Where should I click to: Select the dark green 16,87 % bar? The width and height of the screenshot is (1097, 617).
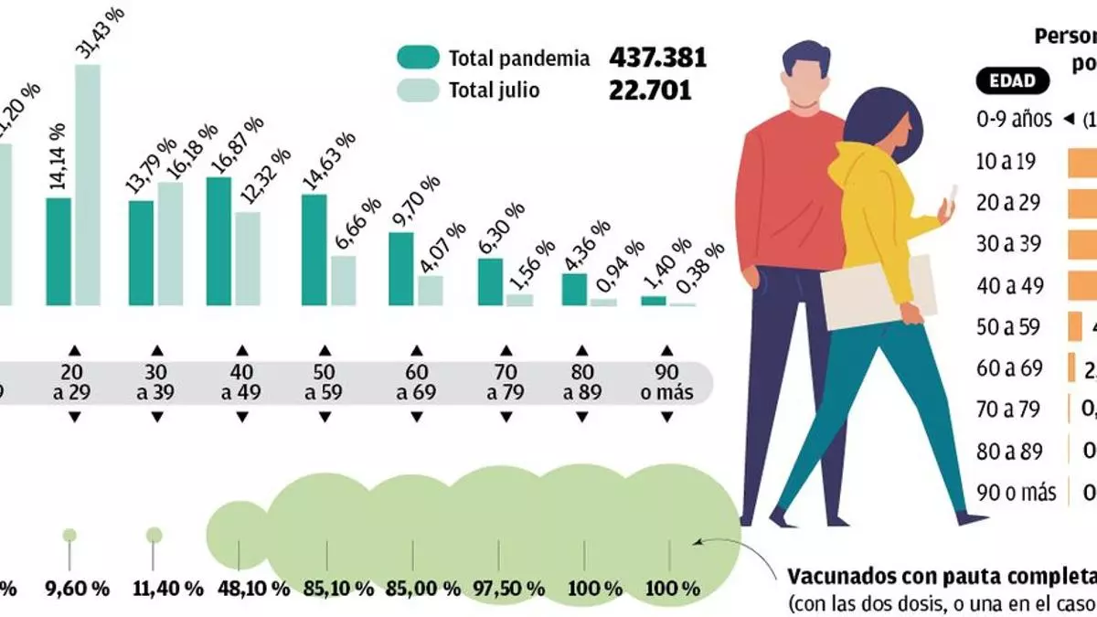point(218,241)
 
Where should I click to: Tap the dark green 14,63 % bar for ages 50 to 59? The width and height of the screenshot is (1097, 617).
point(314,250)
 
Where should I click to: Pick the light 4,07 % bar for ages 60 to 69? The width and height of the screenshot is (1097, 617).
point(431,290)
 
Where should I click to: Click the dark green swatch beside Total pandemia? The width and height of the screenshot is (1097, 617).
point(417,58)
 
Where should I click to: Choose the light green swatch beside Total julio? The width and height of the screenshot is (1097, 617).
point(417,90)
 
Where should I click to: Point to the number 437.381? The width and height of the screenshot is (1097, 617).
point(658,58)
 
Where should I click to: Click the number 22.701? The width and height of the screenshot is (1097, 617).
point(651,90)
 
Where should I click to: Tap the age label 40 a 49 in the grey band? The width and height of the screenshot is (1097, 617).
point(242,383)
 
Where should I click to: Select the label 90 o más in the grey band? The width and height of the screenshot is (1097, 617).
point(667,383)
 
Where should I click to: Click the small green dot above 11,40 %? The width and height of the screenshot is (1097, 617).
point(154,535)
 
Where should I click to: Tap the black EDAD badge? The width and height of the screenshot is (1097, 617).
point(1012,80)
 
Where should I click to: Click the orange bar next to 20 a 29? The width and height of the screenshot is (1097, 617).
point(1083,203)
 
